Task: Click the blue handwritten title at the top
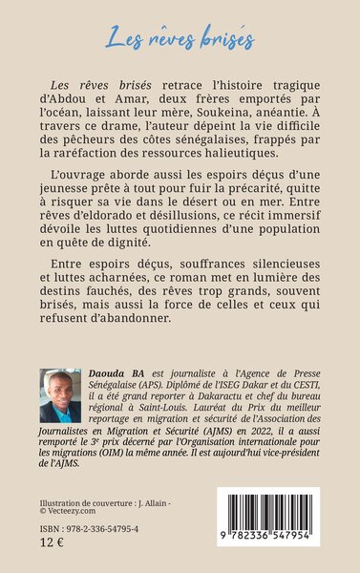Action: (180, 40)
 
